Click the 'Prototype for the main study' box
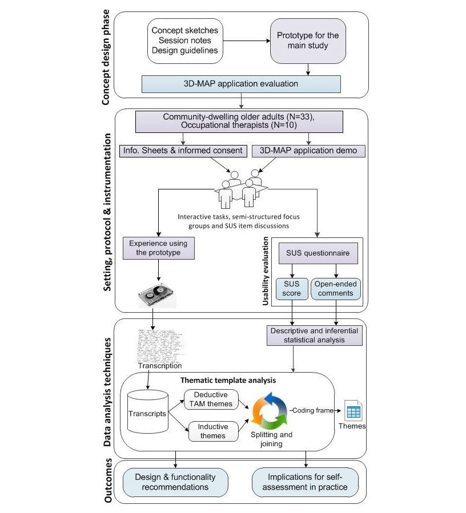click(x=308, y=41)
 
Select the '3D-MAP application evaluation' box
click(x=241, y=84)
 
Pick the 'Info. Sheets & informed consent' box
click(x=182, y=151)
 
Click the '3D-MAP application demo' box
click(x=308, y=151)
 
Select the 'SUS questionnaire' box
click(x=318, y=252)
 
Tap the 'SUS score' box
click(x=291, y=288)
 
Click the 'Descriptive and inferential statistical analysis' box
click(x=315, y=335)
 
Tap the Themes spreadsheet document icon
click(x=353, y=411)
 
